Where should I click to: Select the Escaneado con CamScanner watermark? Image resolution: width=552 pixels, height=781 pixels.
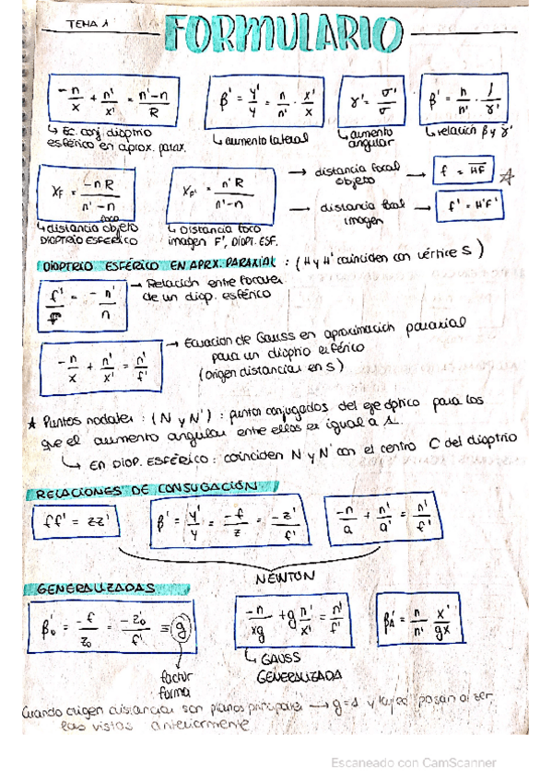(x=415, y=763)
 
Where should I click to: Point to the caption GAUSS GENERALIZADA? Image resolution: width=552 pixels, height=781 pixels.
(x=287, y=668)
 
